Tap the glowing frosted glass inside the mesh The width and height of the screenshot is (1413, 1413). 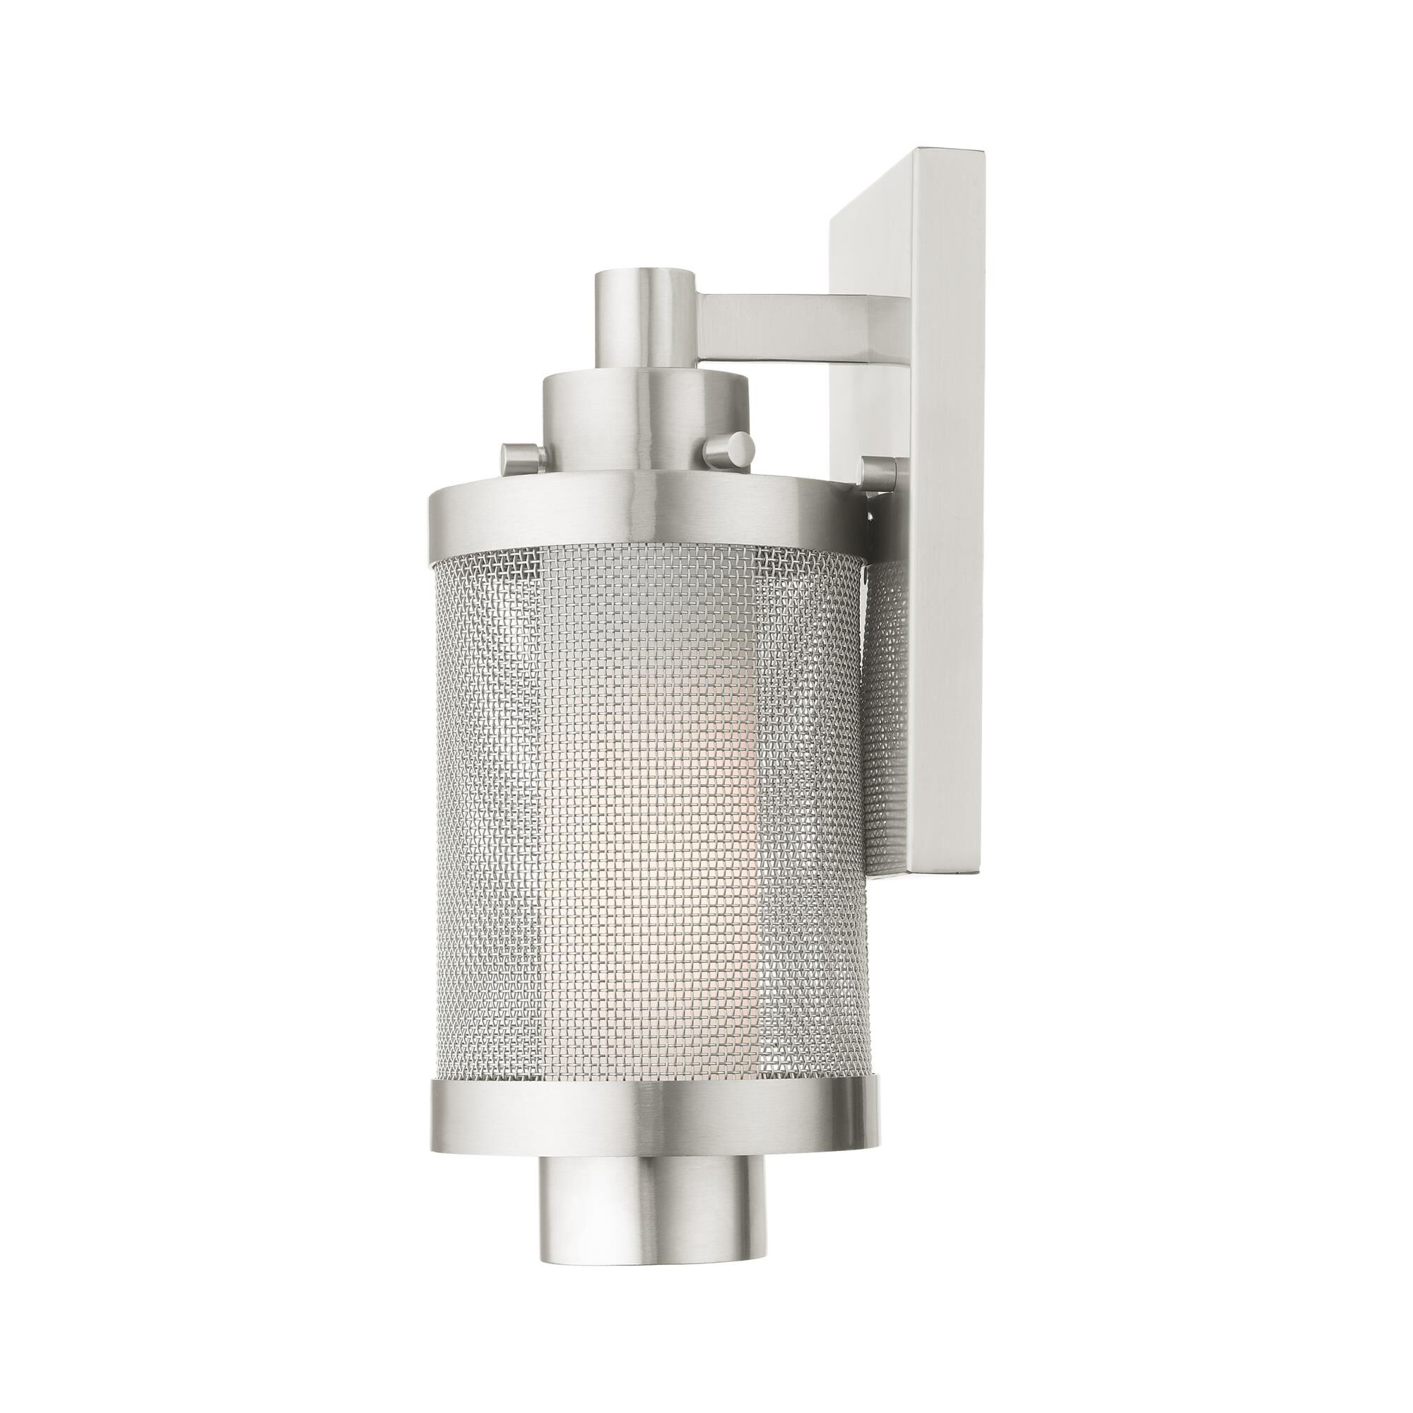coord(680,805)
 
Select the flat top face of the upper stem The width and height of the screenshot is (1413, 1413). coord(644,276)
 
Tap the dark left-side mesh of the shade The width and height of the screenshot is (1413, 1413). coord(483,805)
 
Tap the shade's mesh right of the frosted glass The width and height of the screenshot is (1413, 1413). coord(805,805)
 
